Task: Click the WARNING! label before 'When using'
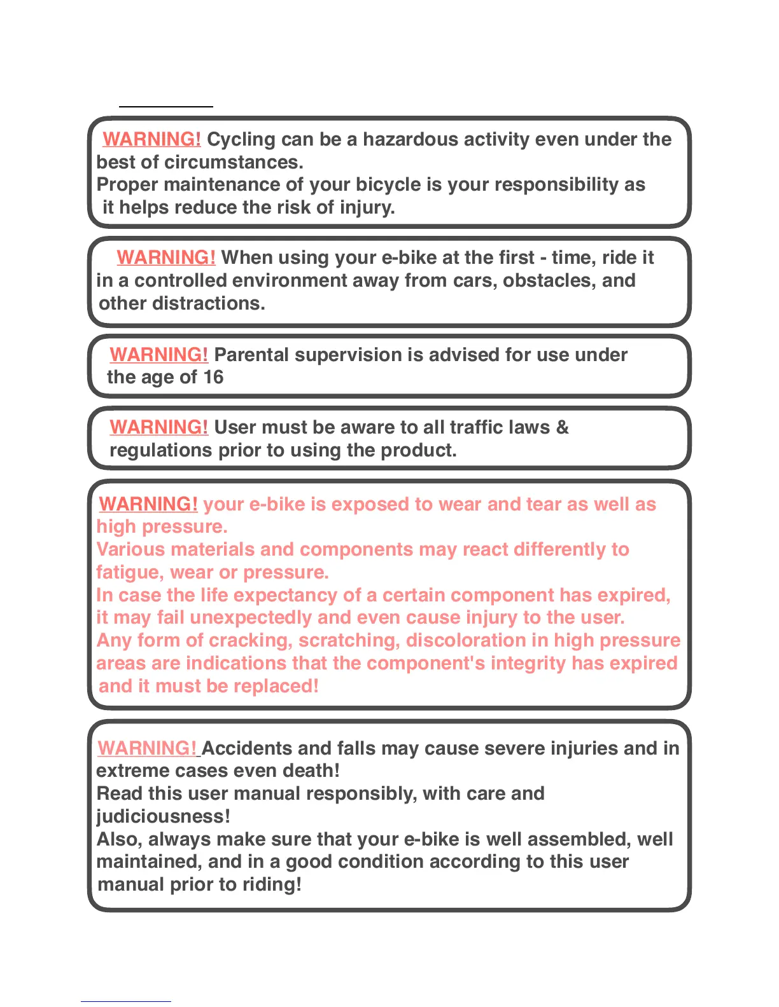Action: click(166, 257)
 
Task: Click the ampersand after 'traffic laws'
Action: click(562, 427)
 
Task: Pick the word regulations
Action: click(161, 450)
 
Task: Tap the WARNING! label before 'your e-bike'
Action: click(148, 504)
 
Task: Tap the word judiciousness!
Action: click(163, 816)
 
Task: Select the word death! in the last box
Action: click(311, 771)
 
